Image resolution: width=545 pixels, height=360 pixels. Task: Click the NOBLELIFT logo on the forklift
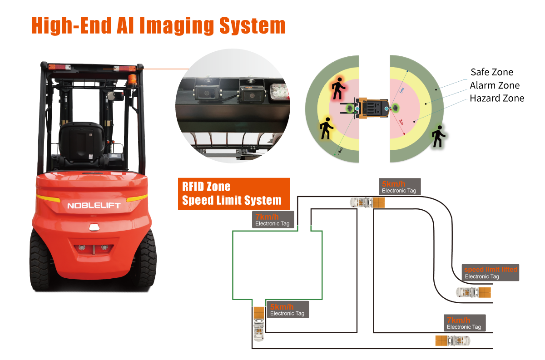pyautogui.click(x=94, y=206)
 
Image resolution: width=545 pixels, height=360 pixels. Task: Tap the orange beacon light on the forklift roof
pyautogui.click(x=133, y=80)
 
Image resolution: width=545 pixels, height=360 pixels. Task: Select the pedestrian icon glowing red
pyautogui.click(x=338, y=89)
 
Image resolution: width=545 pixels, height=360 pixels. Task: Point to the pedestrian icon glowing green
pyautogui.click(x=438, y=136)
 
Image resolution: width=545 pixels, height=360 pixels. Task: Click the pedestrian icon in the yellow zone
pyautogui.click(x=326, y=128)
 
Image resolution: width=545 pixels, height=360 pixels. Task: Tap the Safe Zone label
pyautogui.click(x=492, y=72)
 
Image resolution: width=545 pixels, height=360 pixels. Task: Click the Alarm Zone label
pyautogui.click(x=495, y=85)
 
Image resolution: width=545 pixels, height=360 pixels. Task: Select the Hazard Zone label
pyautogui.click(x=497, y=98)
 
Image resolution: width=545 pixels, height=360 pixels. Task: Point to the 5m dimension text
pyautogui.click(x=401, y=90)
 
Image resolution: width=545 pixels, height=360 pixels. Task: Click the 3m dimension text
pyautogui.click(x=401, y=122)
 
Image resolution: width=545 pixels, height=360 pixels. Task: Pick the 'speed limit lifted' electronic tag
pyautogui.click(x=490, y=273)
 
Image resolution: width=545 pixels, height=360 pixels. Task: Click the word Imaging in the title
pyautogui.click(x=177, y=26)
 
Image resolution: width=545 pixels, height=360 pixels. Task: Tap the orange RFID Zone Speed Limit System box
pyautogui.click(x=234, y=194)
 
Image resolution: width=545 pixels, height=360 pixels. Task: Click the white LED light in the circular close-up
pyautogui.click(x=279, y=91)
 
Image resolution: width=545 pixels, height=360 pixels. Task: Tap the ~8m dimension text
pyautogui.click(x=340, y=151)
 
